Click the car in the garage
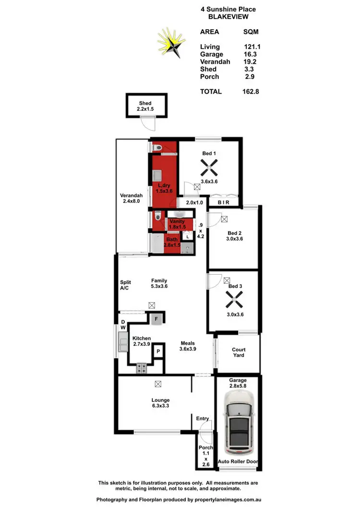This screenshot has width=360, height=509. click(239, 423)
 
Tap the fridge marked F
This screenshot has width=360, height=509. click(156, 318)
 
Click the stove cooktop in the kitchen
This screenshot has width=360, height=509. click(142, 369)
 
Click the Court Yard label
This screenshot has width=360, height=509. click(239, 352)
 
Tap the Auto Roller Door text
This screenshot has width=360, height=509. click(238, 462)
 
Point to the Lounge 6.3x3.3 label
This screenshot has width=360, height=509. click(160, 403)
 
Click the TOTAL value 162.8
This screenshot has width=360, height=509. click(251, 91)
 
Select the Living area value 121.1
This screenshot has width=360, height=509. click(252, 47)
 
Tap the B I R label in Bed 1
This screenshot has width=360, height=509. click(224, 203)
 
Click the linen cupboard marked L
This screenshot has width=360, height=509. click(188, 237)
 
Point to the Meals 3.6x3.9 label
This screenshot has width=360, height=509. click(188, 346)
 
